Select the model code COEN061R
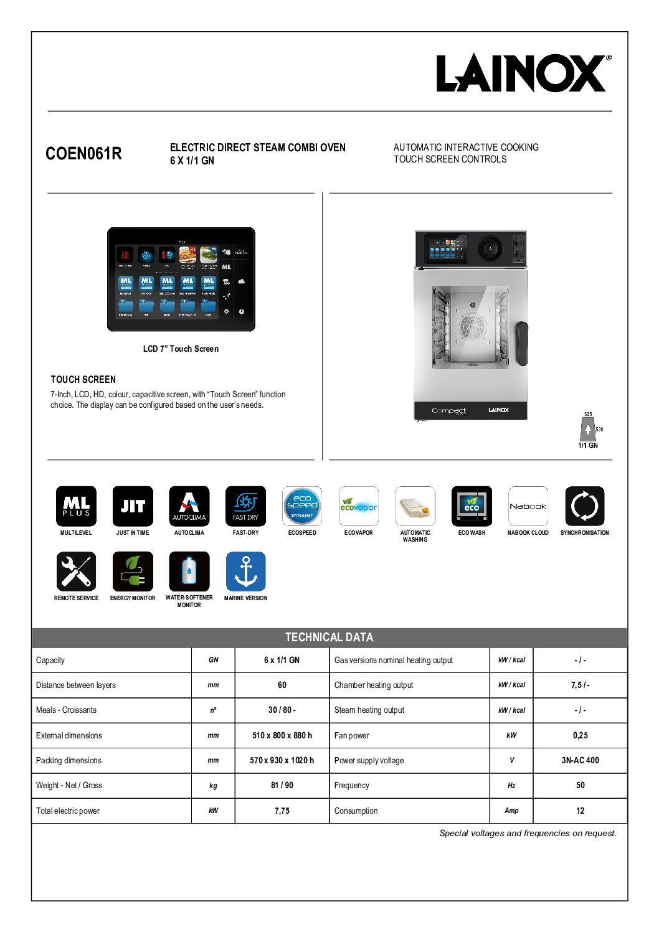[83, 154]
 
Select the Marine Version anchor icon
[245, 572]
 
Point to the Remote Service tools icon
[76, 572]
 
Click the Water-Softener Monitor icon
[189, 572]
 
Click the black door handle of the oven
[521, 343]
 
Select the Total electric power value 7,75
[282, 811]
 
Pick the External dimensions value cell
[282, 735]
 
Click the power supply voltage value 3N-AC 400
[580, 760]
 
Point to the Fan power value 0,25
[580, 735]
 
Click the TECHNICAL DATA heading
[329, 637]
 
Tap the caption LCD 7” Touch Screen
[181, 349]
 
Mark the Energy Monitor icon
[133, 572]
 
